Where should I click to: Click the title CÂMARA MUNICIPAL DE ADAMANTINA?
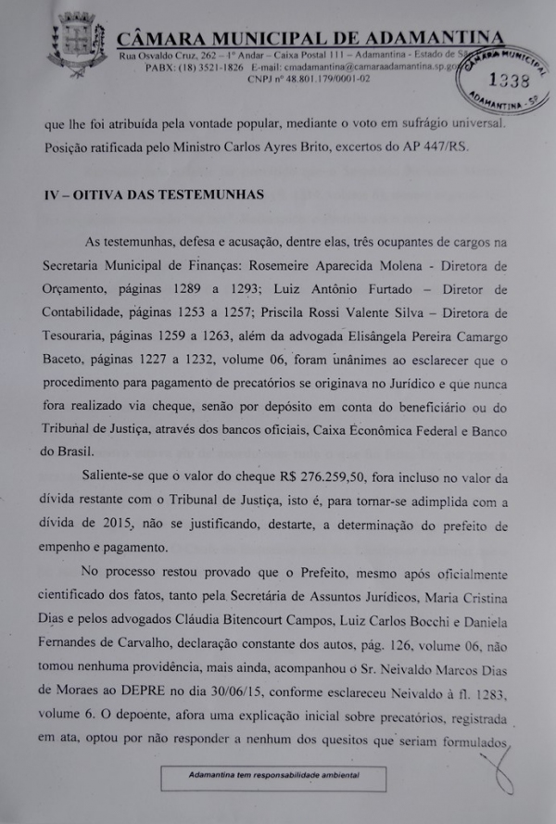click(311, 38)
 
